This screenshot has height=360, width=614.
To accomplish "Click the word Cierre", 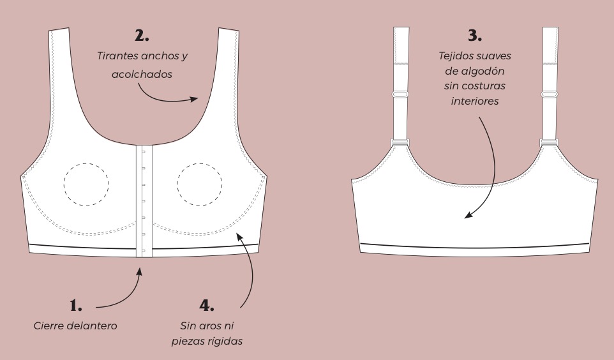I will pos(49,326).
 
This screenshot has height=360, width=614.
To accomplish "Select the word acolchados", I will pos(142,74).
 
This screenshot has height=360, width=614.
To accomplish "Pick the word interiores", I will pos(474,101).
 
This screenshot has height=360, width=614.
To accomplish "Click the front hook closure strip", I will pos(142,201).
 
